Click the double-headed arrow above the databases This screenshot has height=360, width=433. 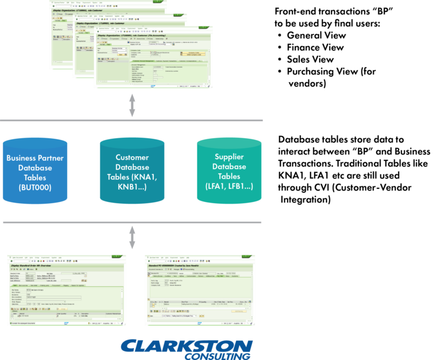[132, 105]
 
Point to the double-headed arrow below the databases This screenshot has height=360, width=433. [132, 237]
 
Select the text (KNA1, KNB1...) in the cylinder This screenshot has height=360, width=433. [132, 186]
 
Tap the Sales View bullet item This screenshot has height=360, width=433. [311, 59]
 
